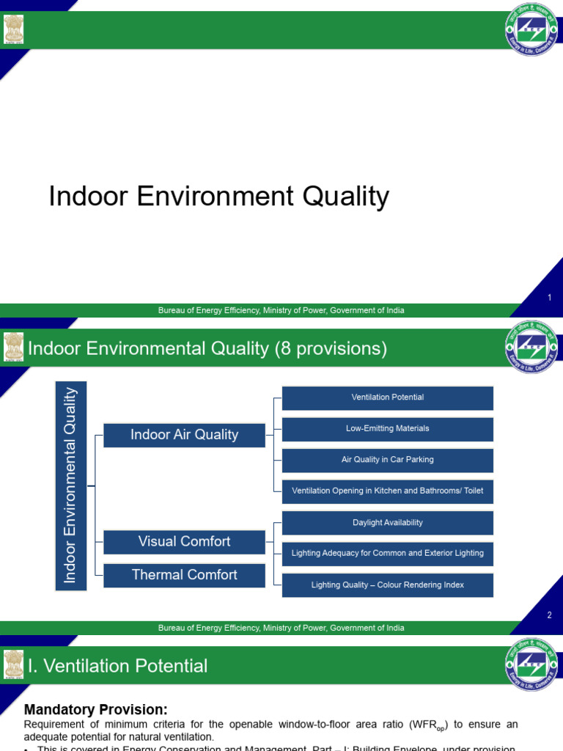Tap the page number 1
[549, 297]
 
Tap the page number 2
[549, 615]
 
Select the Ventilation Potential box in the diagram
[387, 398]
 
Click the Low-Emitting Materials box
[387, 428]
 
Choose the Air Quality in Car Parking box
[387, 460]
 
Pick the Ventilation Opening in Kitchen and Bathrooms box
[387, 491]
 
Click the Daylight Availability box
[387, 523]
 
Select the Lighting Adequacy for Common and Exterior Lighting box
[387, 554]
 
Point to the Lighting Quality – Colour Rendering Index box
[387, 585]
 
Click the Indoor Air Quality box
[184, 435]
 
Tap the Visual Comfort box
[184, 542]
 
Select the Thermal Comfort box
[184, 576]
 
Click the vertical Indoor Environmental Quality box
[70, 486]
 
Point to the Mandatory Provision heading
[96, 709]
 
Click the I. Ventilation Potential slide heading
[117, 666]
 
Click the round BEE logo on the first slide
[531, 29]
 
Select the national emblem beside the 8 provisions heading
[13, 348]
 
